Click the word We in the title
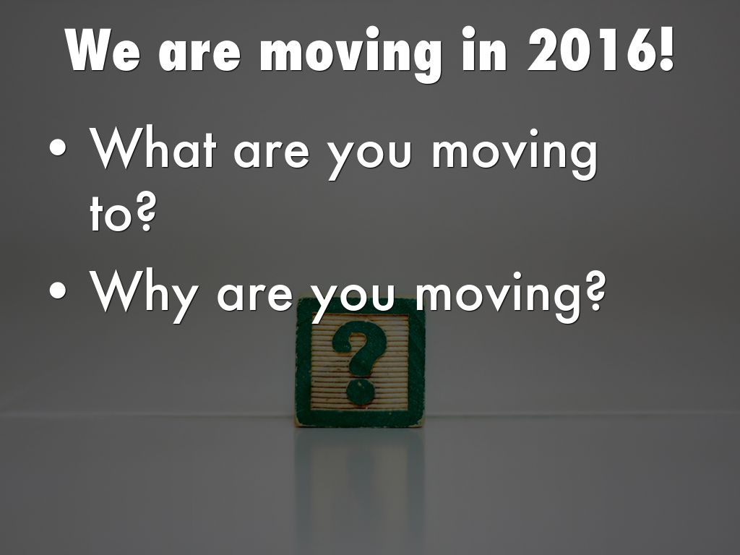pyautogui.click(x=103, y=50)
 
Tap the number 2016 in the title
pyautogui.click(x=590, y=49)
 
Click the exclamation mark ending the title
pyautogui.click(x=666, y=49)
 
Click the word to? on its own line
pyautogui.click(x=122, y=213)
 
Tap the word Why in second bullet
pyautogui.click(x=143, y=296)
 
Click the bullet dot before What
pyautogui.click(x=58, y=147)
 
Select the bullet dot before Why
pyautogui.click(x=58, y=291)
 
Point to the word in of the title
pyautogui.click(x=484, y=49)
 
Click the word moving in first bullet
pyautogui.click(x=515, y=153)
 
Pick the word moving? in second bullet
pyautogui.click(x=510, y=296)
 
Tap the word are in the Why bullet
pyautogui.click(x=255, y=296)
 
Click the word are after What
pyautogui.click(x=272, y=153)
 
